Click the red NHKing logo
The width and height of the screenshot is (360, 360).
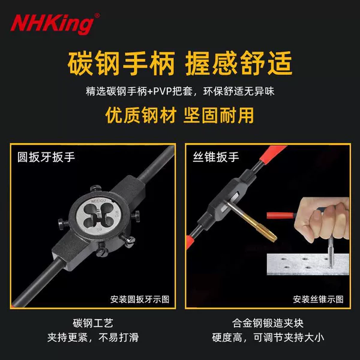point(52,25)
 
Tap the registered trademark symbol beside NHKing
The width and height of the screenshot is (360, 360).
point(97,16)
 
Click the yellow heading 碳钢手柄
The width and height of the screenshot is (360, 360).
point(121,63)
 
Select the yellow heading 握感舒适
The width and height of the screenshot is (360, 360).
point(239,63)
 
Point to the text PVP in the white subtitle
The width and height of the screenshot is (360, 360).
point(163,91)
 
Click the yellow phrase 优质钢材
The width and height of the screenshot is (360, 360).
point(141,115)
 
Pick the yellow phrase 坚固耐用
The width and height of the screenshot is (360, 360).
point(218,115)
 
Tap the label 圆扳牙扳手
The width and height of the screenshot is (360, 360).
point(46,157)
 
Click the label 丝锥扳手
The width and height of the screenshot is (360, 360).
point(216,157)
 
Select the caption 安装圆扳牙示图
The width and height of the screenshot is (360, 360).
point(140,299)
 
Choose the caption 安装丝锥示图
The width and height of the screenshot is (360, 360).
point(318,299)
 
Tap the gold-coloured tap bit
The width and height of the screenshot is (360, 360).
point(252,222)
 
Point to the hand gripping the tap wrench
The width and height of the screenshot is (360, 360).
point(323,218)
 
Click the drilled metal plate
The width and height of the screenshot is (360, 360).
point(308,264)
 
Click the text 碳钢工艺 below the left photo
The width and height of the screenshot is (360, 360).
point(93,323)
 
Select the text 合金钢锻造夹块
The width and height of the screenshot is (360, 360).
point(268,323)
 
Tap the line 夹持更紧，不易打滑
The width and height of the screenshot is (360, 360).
point(93,337)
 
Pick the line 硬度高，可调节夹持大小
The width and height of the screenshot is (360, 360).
point(268,337)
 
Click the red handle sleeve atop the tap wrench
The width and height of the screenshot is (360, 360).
point(273,155)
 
